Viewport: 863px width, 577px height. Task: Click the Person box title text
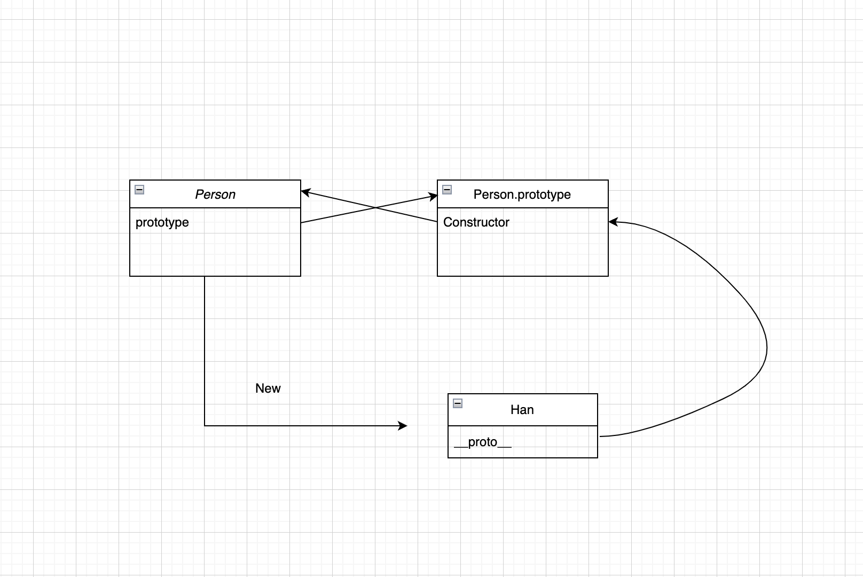click(x=215, y=194)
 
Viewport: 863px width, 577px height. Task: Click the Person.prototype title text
click(x=522, y=194)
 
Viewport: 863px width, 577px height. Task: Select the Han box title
click(x=522, y=409)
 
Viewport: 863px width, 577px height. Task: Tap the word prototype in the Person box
click(x=162, y=222)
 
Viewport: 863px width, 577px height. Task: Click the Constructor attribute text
click(x=476, y=222)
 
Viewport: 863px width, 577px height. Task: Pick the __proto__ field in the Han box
click(x=483, y=442)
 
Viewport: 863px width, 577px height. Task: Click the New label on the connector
click(x=268, y=388)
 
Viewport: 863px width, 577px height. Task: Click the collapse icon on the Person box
click(x=139, y=190)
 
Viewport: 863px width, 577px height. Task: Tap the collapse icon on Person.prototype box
click(x=447, y=190)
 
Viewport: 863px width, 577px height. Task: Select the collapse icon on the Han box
click(x=458, y=403)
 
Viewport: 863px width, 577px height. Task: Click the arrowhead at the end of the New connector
click(x=403, y=425)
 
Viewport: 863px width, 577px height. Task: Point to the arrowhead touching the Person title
click(x=305, y=192)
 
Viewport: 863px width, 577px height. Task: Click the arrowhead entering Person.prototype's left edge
click(x=433, y=197)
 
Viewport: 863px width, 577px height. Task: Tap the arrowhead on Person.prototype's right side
click(x=614, y=222)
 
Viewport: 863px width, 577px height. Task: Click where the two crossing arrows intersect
click(x=375, y=208)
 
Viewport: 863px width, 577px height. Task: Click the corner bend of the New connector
click(x=205, y=425)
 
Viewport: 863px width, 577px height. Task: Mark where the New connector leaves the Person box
click(x=205, y=276)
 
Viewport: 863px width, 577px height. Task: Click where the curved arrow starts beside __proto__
click(x=600, y=436)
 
